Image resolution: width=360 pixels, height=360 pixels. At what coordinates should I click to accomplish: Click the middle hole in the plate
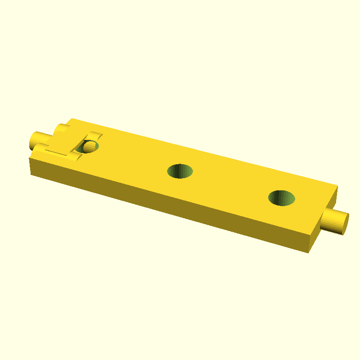180,171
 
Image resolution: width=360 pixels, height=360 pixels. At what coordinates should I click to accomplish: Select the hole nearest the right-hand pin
282,198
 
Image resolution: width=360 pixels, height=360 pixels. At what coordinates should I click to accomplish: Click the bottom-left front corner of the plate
31,174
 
